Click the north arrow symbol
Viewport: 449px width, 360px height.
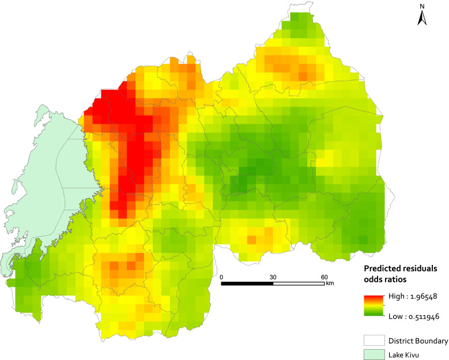tap(421, 19)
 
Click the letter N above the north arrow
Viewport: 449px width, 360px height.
tap(421, 7)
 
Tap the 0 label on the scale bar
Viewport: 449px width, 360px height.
tap(222, 276)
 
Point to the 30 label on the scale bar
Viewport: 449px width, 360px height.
tap(273, 276)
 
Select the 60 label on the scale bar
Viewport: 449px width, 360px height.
tap(325, 276)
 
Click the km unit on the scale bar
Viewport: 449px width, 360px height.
tap(330, 283)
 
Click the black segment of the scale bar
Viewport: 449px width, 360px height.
tap(247, 283)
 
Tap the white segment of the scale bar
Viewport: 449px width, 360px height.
tap(299, 283)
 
